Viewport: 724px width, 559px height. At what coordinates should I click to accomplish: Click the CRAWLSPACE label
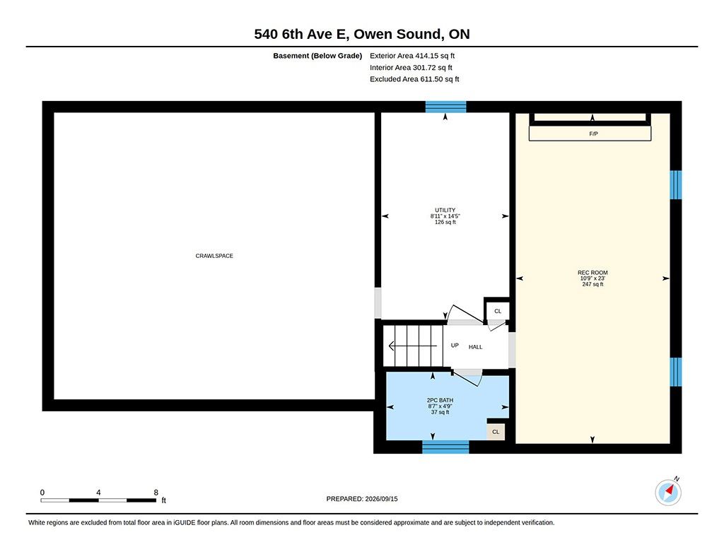coord(214,256)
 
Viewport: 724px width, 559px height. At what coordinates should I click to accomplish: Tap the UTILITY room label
coord(445,210)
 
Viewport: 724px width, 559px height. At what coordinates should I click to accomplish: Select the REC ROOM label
coord(592,272)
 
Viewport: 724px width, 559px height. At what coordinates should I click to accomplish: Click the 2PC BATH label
coord(440,400)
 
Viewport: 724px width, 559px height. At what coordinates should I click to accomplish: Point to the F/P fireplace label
coord(593,134)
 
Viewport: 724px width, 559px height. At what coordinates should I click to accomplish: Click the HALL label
coord(476,347)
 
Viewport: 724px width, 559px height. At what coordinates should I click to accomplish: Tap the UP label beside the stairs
coord(455,346)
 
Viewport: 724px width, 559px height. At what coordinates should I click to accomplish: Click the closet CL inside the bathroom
coord(496,432)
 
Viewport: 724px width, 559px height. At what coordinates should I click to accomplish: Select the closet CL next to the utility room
coord(498,311)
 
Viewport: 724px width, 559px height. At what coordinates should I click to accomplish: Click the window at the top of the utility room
coord(445,107)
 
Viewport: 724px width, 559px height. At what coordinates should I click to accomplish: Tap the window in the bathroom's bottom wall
coord(445,447)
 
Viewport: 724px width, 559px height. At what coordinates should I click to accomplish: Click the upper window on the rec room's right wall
coord(675,184)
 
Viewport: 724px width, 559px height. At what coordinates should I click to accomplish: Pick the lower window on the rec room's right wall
coord(675,372)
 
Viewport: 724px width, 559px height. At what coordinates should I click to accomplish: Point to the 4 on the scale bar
coord(98,493)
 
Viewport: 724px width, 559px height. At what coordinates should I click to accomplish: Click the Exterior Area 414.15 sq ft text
coord(412,56)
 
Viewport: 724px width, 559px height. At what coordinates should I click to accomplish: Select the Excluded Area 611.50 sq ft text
coord(414,79)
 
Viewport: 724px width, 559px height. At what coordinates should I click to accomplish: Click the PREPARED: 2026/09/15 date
coord(362,499)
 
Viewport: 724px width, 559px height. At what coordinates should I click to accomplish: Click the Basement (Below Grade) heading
coord(317,56)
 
